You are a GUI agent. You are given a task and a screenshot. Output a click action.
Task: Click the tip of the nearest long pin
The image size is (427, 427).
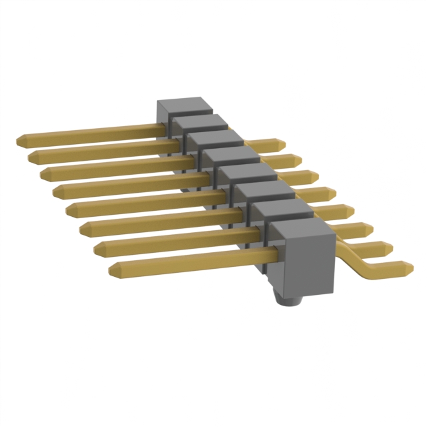tap(113, 270)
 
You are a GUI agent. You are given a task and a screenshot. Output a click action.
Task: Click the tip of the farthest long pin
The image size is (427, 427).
tap(21, 141)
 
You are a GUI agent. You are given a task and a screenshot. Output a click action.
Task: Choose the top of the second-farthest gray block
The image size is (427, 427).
tap(197, 122)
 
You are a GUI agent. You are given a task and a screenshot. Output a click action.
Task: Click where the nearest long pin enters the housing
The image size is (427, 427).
tap(270, 254)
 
